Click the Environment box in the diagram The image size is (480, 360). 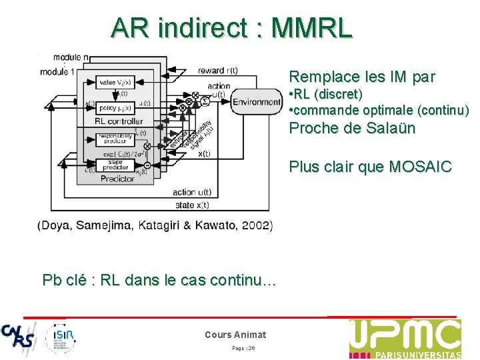pyautogui.click(x=256, y=102)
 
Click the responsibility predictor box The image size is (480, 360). pyautogui.click(x=114, y=139)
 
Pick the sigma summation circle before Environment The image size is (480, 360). pyautogui.click(x=205, y=101)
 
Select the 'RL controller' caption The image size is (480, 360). pyautogui.click(x=119, y=121)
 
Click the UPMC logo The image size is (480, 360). pyautogui.click(x=405, y=339)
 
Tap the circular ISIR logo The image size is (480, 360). pyautogui.click(x=61, y=338)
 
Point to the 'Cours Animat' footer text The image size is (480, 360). pyautogui.click(x=235, y=335)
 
